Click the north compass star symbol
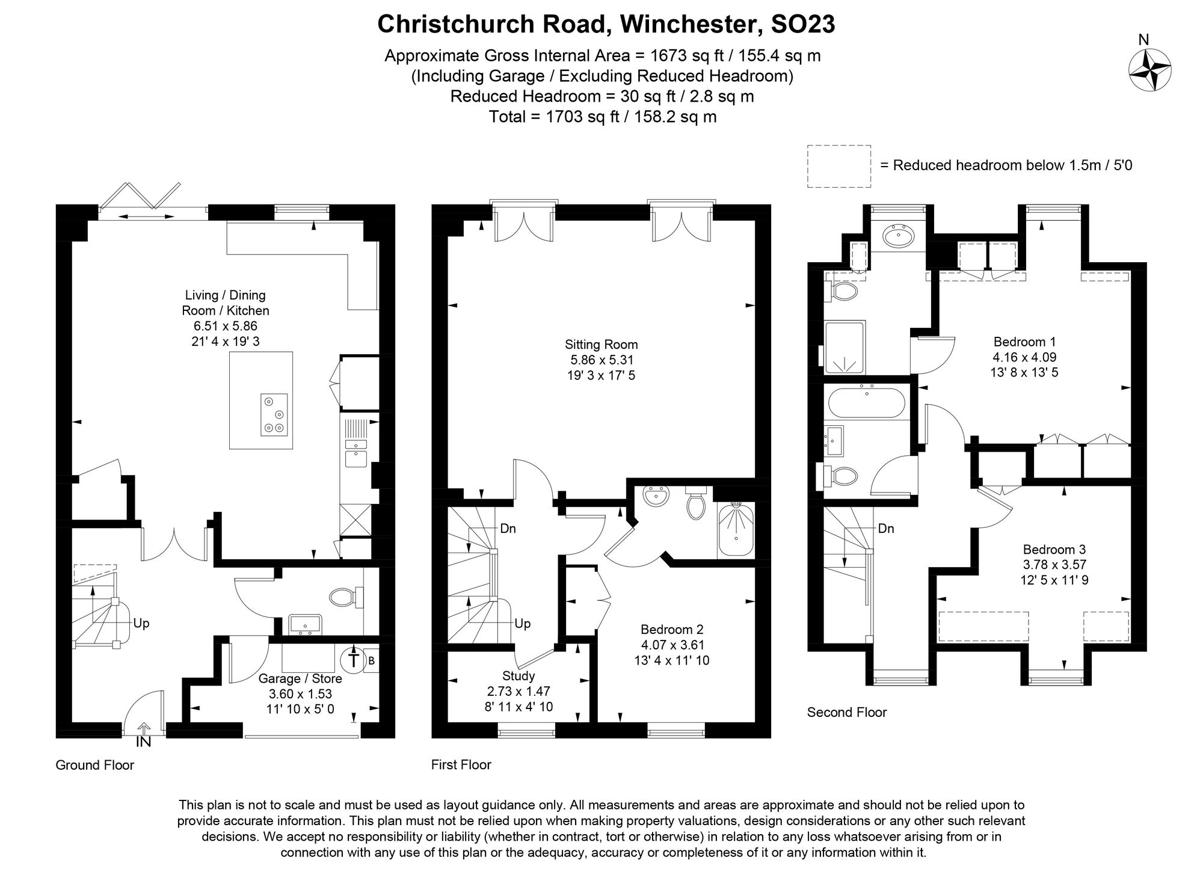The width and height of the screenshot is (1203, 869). [1149, 70]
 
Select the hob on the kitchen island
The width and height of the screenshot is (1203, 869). [274, 414]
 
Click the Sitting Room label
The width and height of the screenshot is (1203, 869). [601, 345]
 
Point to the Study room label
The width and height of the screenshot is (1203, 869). [518, 676]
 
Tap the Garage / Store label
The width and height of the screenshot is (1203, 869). [300, 678]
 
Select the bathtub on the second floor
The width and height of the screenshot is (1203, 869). [866, 402]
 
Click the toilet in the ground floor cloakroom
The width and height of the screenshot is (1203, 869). [344, 597]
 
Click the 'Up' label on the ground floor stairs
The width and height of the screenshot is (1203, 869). [141, 623]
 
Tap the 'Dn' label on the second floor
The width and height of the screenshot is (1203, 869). [885, 529]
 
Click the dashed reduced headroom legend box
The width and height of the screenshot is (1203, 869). [838, 166]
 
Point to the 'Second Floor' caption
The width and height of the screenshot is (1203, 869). [846, 712]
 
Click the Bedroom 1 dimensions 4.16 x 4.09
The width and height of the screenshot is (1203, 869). [1024, 357]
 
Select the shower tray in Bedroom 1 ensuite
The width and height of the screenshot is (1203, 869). [845, 347]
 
